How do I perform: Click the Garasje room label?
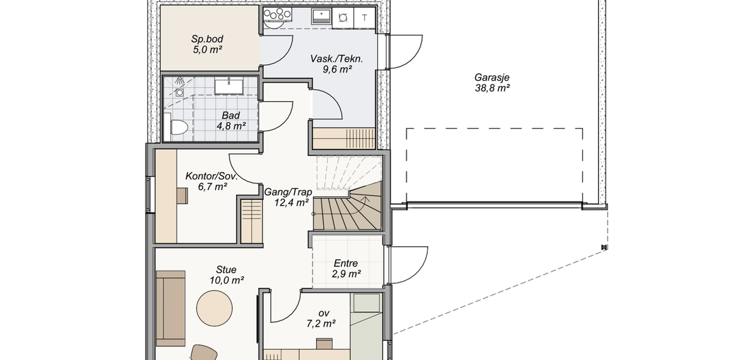(492, 77)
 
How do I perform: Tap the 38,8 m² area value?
(493, 88)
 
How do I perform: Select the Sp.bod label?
(207, 39)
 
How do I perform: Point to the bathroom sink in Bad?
(229, 86)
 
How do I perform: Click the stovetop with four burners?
(277, 14)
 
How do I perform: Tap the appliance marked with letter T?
(365, 18)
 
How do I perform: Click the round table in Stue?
(214, 308)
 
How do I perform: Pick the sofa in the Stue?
(171, 308)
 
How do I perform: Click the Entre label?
(346, 263)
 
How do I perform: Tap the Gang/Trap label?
(288, 192)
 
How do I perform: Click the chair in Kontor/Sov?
(182, 196)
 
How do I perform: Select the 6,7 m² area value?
(213, 187)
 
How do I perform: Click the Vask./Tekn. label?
(336, 59)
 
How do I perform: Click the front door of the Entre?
(408, 265)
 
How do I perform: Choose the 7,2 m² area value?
(321, 324)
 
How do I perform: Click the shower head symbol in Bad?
(180, 81)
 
